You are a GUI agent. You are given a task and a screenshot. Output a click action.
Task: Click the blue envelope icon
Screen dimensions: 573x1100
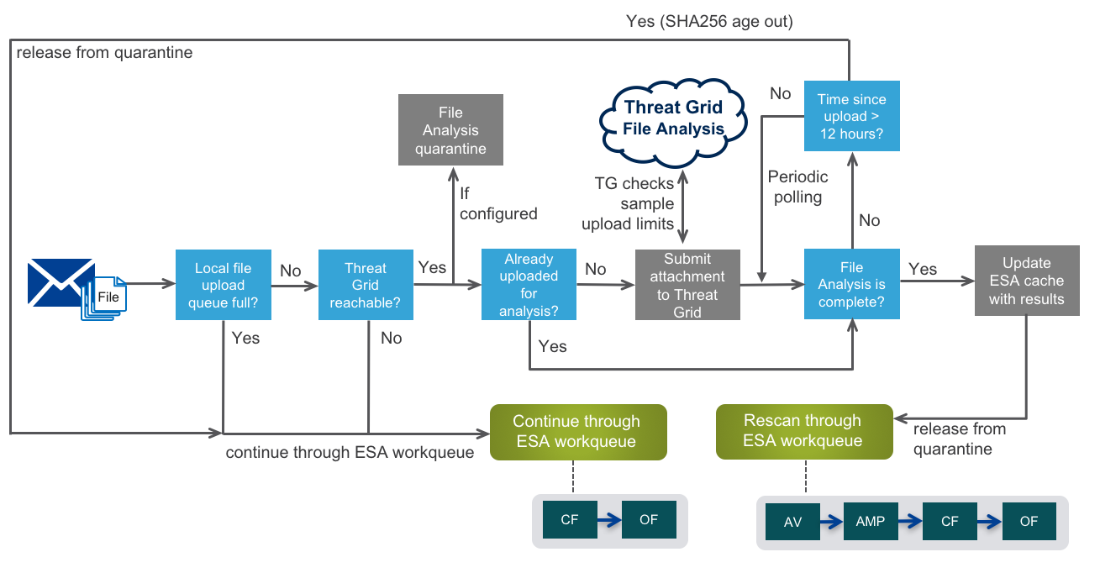pyautogui.click(x=61, y=282)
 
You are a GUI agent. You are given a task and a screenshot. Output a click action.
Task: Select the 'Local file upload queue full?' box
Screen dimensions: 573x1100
pyautogui.click(x=223, y=285)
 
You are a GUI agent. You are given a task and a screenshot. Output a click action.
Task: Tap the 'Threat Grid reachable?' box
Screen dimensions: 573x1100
pyautogui.click(x=366, y=285)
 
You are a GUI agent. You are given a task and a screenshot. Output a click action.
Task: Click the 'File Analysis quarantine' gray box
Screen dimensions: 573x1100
pyautogui.click(x=450, y=129)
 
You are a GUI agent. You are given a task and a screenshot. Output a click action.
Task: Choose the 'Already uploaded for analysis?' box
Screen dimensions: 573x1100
pyautogui.click(x=529, y=285)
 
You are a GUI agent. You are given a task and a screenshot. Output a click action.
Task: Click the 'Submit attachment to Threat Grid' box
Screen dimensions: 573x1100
pyautogui.click(x=687, y=285)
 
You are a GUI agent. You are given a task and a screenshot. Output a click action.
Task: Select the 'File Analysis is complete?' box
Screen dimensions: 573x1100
pyautogui.click(x=851, y=285)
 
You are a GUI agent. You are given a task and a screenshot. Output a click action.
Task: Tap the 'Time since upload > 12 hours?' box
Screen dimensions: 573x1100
pyautogui.click(x=851, y=116)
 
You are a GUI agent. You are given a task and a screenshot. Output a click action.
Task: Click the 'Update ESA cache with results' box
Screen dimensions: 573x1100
pyautogui.click(x=1026, y=281)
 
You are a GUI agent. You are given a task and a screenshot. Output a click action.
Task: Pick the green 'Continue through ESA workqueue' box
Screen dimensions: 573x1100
pyautogui.click(x=577, y=431)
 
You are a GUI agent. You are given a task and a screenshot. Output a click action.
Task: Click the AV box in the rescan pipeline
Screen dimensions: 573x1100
pyautogui.click(x=792, y=522)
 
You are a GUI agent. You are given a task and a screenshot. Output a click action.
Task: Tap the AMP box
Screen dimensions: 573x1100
pyautogui.click(x=870, y=522)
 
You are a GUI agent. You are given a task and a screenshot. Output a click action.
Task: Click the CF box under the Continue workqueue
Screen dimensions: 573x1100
pyautogui.click(x=569, y=520)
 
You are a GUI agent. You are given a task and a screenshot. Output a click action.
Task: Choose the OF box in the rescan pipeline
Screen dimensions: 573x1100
pyautogui.click(x=1029, y=522)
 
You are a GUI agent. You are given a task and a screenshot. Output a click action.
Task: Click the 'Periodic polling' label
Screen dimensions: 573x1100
pyautogui.click(x=797, y=187)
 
